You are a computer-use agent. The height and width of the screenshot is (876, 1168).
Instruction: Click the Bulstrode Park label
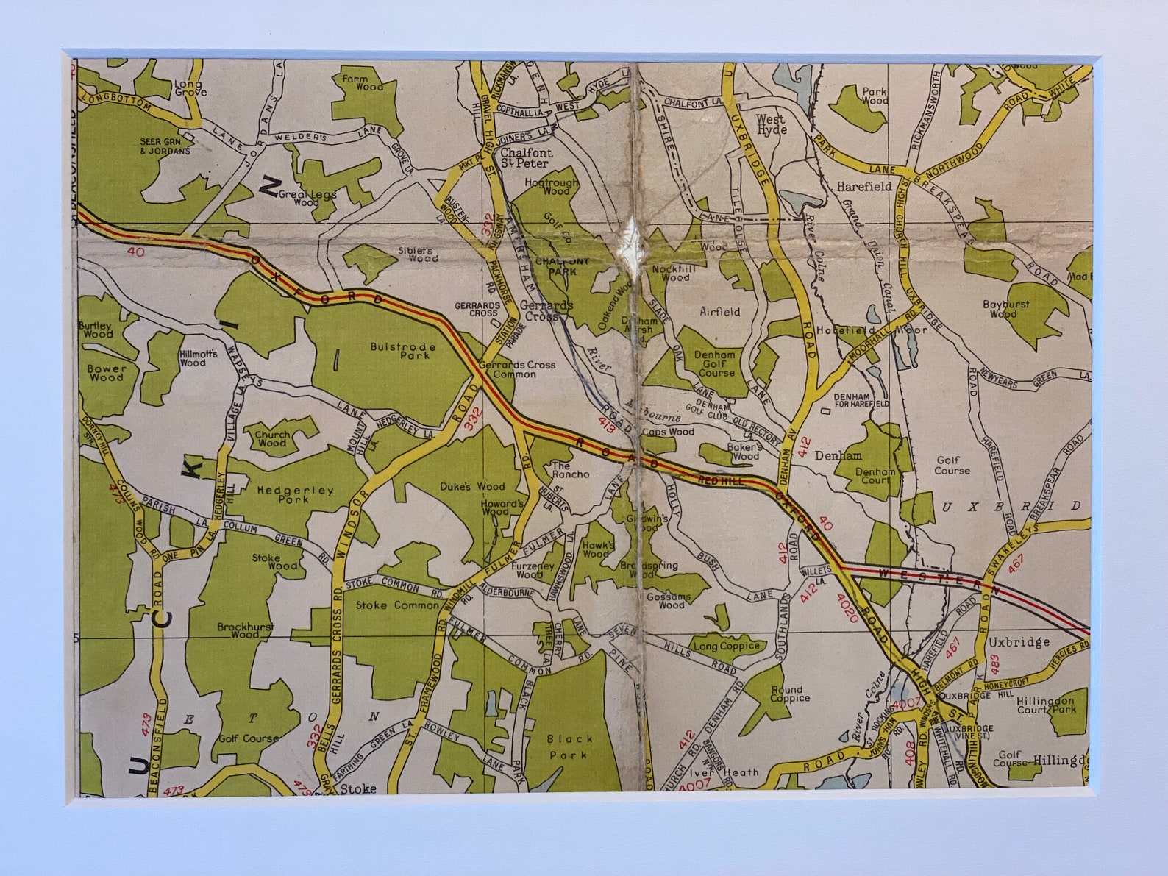click(402, 351)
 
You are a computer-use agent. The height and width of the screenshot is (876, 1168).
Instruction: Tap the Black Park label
click(569, 747)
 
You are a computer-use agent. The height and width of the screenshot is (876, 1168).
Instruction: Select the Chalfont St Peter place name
click(524, 158)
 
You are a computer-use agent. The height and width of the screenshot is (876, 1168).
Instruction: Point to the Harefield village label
click(863, 187)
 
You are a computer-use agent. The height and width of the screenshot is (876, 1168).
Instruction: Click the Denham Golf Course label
click(716, 363)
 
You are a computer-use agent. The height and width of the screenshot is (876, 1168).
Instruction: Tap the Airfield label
click(720, 312)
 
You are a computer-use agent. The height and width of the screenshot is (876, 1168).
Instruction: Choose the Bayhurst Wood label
click(1005, 309)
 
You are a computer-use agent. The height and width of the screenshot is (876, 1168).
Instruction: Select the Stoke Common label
click(396, 605)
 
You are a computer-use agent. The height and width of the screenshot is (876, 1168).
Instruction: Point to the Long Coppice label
click(727, 646)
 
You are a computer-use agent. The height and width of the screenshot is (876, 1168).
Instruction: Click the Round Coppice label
click(789, 694)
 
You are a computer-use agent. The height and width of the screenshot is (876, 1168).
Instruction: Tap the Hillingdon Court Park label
click(1046, 705)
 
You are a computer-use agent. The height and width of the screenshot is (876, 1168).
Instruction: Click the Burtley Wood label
click(97, 330)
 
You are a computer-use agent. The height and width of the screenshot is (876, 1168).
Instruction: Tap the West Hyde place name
click(770, 124)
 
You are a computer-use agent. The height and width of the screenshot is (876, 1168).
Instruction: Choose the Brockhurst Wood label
click(244, 631)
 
